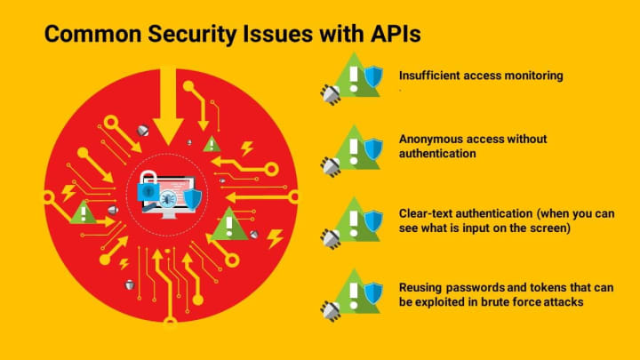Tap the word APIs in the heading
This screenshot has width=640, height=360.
coord(396,34)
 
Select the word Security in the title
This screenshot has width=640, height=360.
coord(192,35)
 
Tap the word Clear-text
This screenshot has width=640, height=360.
coord(425,213)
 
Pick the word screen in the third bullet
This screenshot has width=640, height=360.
coord(556,228)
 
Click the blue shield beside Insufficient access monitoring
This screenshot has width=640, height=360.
coord(373,76)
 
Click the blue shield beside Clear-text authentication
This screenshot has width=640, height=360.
coord(373,221)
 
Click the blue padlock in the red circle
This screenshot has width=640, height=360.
coord(148,187)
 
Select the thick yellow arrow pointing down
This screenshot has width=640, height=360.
coord(168,106)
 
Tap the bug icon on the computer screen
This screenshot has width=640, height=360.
coord(167,199)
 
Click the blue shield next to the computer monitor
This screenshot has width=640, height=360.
coord(192,199)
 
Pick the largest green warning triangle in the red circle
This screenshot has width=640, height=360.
coord(229,225)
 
